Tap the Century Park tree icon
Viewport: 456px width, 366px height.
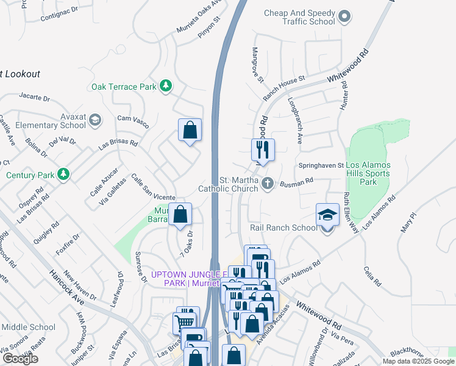[x=63, y=175]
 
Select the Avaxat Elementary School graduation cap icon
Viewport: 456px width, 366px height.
[x=94, y=121]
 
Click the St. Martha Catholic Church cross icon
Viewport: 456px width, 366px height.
[x=267, y=184]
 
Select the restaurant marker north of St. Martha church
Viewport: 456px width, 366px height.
[x=263, y=149]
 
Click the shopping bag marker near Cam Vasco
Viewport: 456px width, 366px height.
[x=190, y=130]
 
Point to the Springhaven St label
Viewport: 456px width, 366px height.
[x=321, y=165]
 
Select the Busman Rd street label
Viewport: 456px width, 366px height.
[x=296, y=181]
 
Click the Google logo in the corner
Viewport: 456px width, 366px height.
[x=20, y=359]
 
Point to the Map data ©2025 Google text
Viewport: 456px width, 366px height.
[x=418, y=361]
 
